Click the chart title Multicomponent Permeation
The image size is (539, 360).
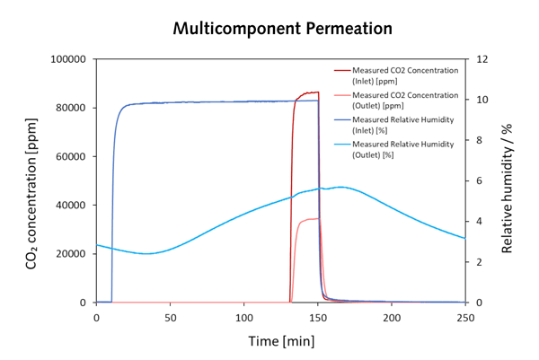tap(283, 28)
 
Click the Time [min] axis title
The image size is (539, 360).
tap(280, 342)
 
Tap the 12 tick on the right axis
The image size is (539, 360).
tap(482, 59)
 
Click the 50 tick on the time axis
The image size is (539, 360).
tap(170, 317)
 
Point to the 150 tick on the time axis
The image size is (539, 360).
tap(318, 317)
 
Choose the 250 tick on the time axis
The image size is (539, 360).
tap(464, 317)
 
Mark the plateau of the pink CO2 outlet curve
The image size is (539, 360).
tap(310, 219)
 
